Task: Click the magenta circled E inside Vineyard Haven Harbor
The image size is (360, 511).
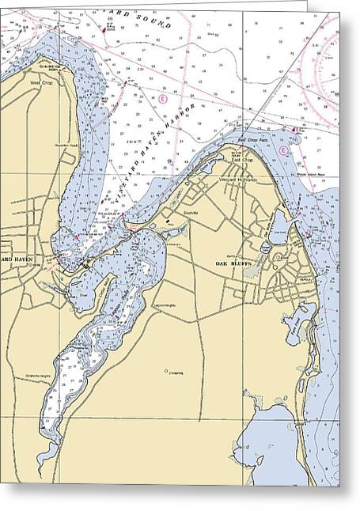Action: (x=162, y=99)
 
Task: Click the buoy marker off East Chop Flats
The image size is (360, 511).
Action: (x=294, y=129)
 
